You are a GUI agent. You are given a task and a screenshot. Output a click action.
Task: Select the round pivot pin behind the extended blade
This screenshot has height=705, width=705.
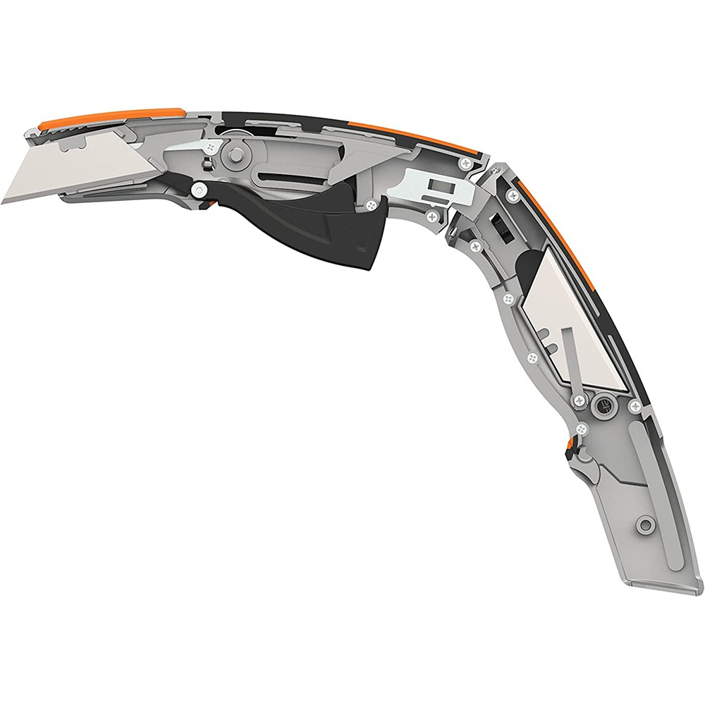click(235, 152)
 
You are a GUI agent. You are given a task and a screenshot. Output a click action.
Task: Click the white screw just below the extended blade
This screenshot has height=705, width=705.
click(200, 189)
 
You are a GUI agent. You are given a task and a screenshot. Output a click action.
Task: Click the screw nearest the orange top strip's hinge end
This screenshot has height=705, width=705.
click(464, 164)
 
